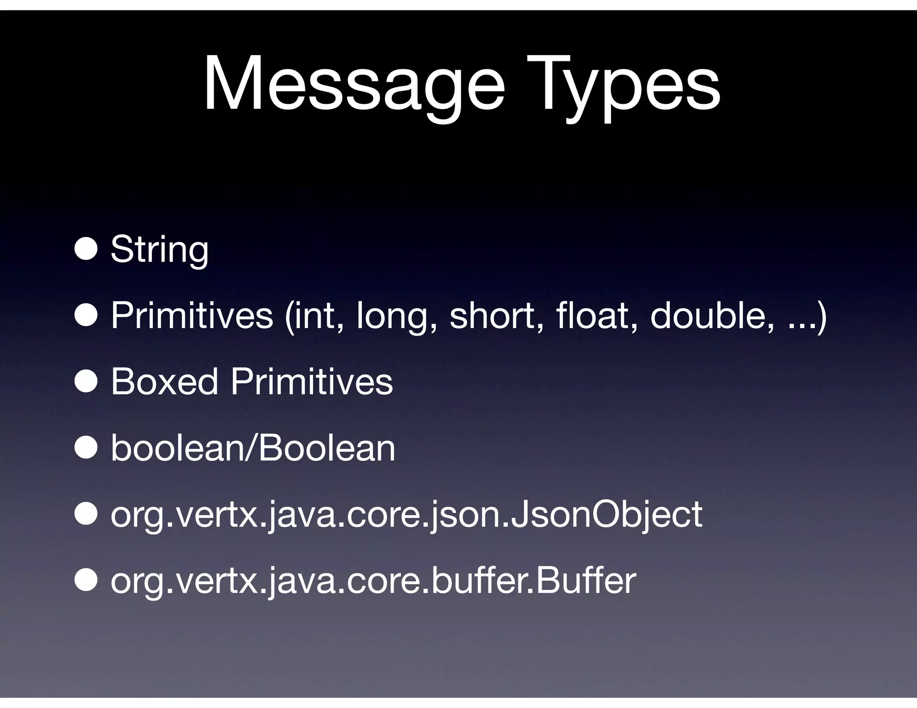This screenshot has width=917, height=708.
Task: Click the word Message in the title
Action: [x=354, y=84]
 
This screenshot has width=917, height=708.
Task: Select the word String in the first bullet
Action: [x=159, y=249]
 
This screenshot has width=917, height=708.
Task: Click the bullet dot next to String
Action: [x=86, y=249]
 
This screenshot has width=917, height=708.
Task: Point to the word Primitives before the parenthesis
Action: [x=192, y=315]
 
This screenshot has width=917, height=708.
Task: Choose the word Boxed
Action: [x=164, y=381]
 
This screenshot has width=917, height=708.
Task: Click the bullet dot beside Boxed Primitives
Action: [x=86, y=381]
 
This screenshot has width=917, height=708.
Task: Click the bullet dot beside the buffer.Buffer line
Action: [x=86, y=580]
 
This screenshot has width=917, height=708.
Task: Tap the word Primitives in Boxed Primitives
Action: [x=312, y=381]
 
